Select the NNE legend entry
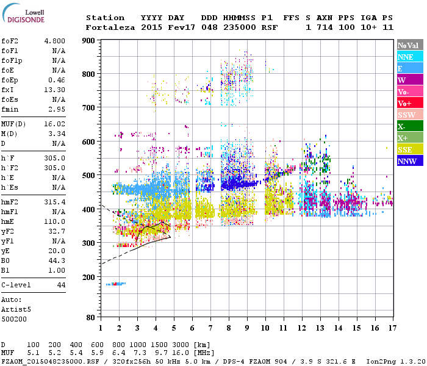pos(406,57)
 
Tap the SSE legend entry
pos(406,150)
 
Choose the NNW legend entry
pos(407,162)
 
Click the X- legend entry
pos(402,127)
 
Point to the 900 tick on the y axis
pos(88,40)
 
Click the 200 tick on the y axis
pos(88,277)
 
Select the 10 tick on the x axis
pos(265,328)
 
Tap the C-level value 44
pos(61,285)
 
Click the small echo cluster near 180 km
pos(115,284)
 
